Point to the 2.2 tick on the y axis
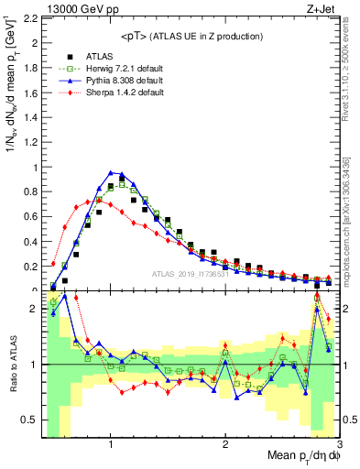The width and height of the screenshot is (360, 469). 31,18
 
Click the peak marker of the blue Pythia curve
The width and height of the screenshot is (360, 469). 111,172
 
